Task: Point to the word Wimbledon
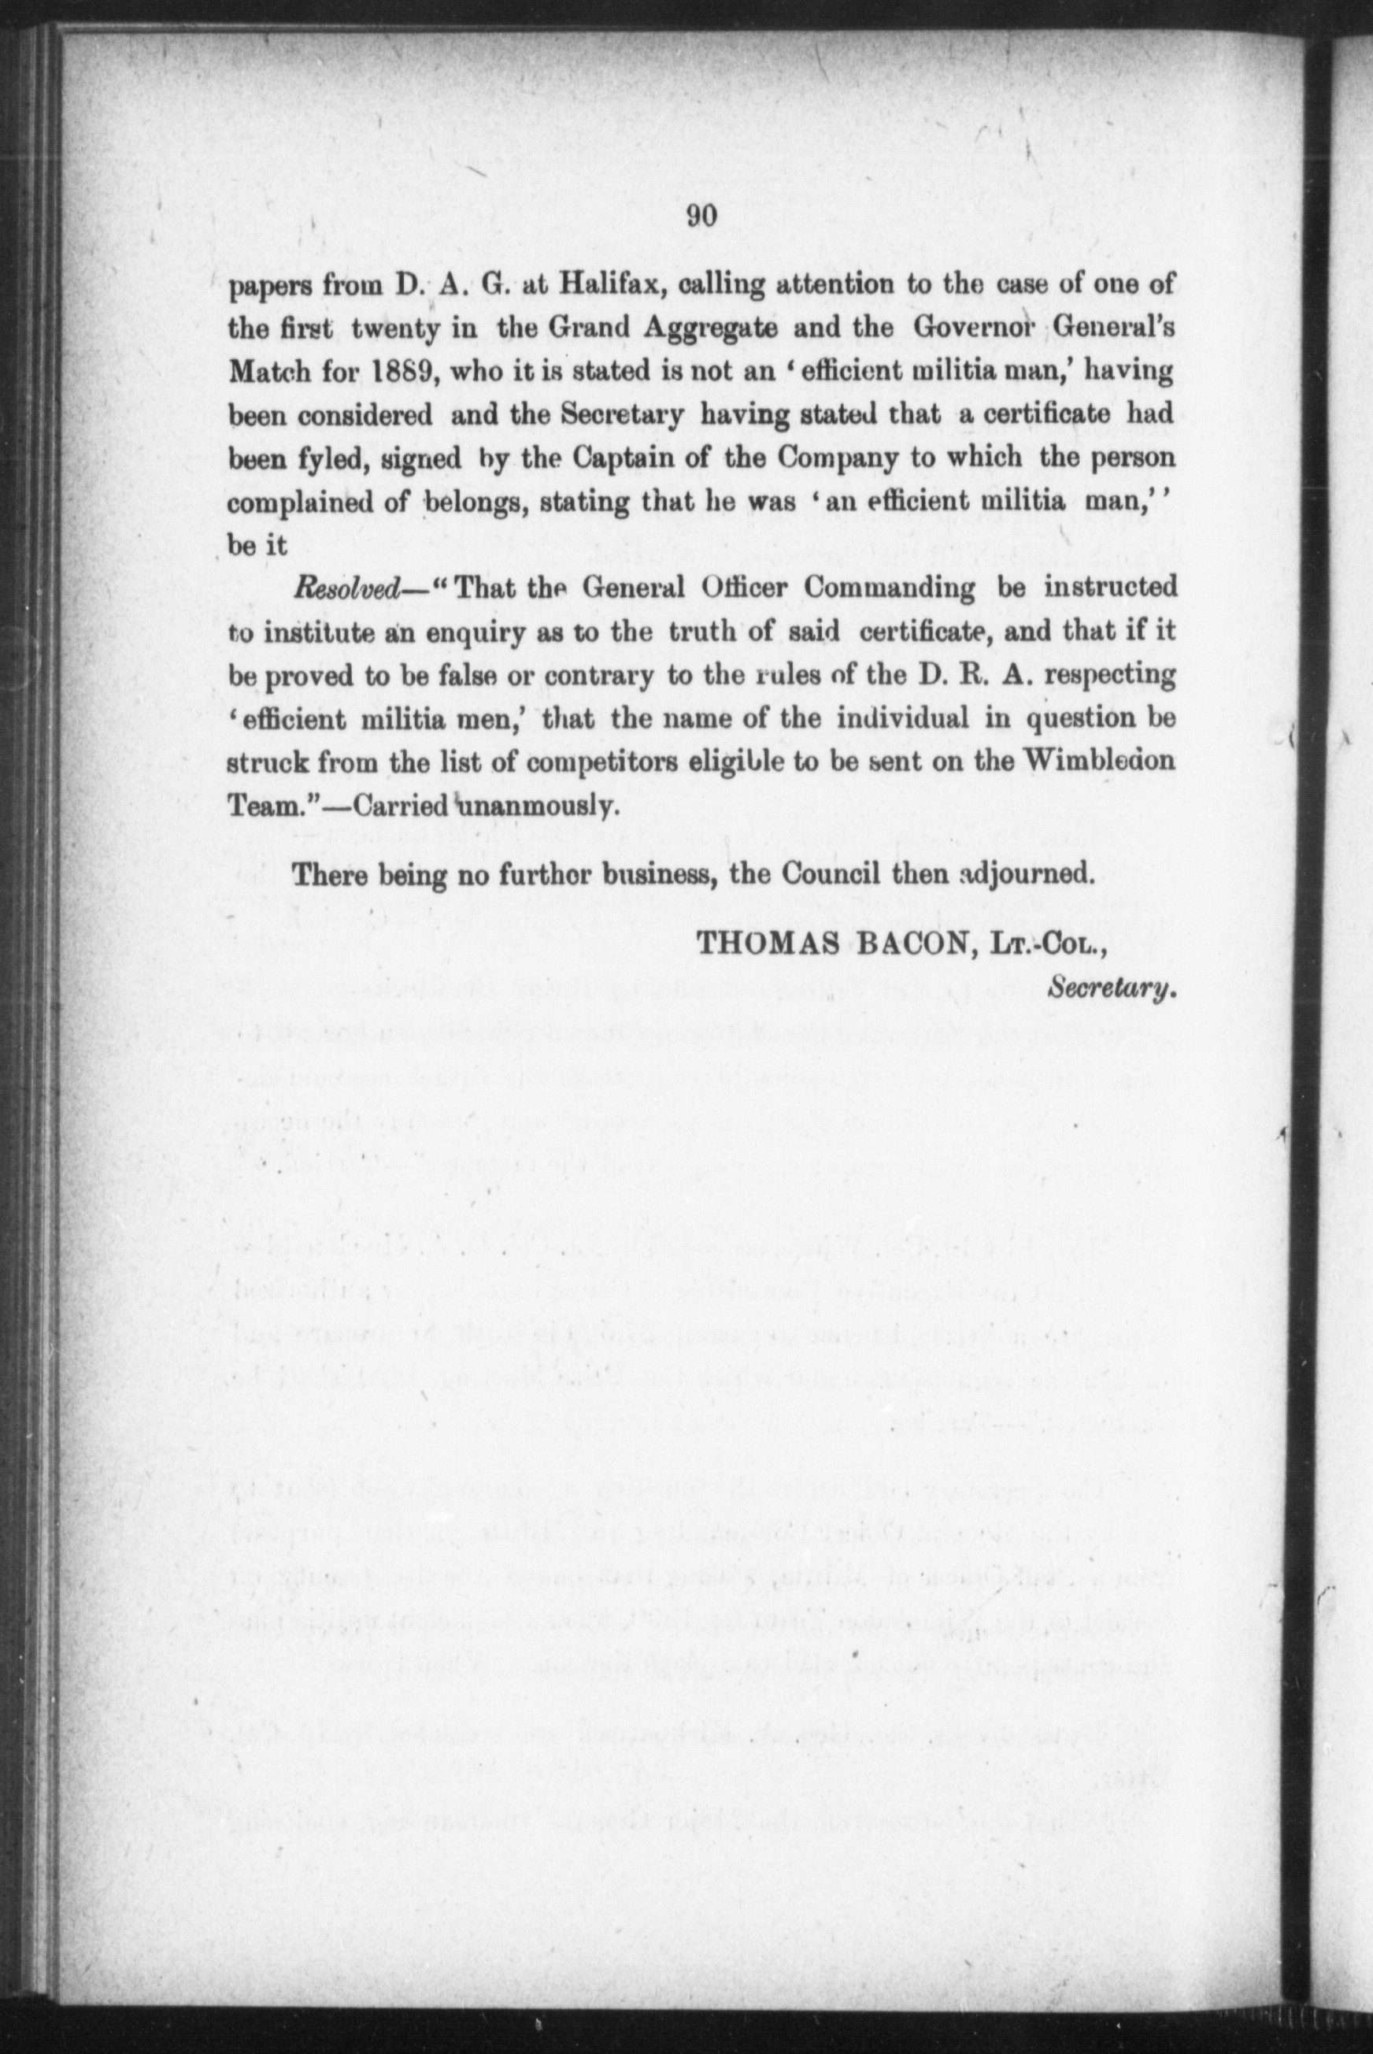tap(1100, 760)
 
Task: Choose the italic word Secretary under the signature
tap(1109, 988)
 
